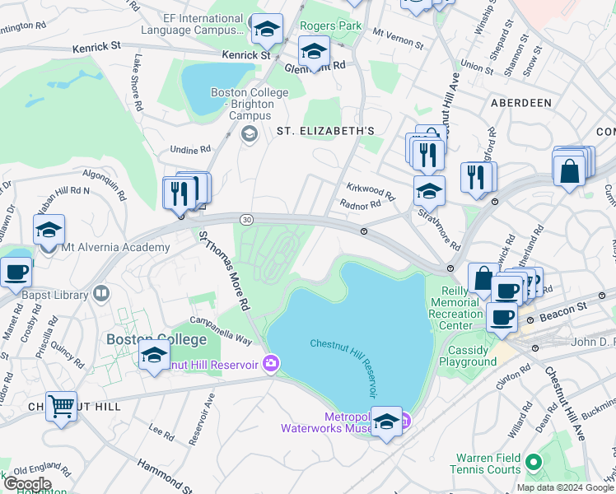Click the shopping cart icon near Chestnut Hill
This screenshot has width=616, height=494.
coord(61,406)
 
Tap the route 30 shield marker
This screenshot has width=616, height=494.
coord(246,219)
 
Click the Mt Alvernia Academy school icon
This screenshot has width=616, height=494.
coord(49,231)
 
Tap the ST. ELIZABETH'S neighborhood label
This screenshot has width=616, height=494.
coord(325,131)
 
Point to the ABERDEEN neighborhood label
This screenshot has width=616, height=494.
coord(520,103)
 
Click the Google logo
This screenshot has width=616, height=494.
coord(28,483)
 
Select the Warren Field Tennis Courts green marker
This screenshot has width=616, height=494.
coord(533,463)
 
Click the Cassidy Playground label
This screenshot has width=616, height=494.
coord(468,356)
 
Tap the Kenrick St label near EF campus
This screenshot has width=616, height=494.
coord(245,55)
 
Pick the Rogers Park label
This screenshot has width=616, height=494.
coord(330,26)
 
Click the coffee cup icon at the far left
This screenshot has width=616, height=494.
coord(15,271)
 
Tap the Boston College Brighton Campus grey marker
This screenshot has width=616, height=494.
coord(250,133)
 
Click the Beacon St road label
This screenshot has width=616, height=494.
coord(561,306)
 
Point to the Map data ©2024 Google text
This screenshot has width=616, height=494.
coord(565,487)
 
